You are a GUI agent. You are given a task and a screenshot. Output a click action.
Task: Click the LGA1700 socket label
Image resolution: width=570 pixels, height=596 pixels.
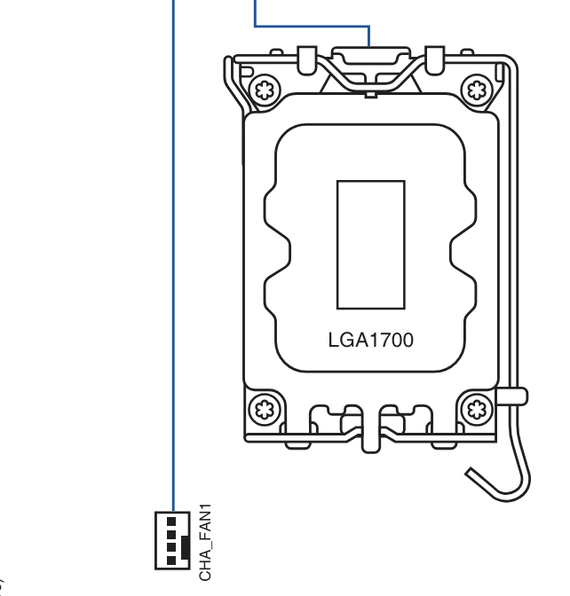(370, 341)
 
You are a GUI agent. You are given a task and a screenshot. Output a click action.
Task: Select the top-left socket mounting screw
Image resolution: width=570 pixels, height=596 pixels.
(265, 90)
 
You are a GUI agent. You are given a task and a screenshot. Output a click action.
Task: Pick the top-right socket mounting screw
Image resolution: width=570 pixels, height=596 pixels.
(477, 90)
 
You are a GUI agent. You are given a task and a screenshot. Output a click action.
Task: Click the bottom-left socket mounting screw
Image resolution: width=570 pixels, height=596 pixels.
(265, 410)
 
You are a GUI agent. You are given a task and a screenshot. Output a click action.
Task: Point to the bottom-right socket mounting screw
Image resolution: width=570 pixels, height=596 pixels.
(477, 410)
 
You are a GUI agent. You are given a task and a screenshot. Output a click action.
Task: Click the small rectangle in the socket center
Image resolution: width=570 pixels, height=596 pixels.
(371, 245)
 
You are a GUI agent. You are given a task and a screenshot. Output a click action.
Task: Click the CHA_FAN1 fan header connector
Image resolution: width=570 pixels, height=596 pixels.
(172, 540)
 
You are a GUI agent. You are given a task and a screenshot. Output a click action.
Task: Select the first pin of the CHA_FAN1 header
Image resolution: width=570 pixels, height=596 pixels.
(171, 521)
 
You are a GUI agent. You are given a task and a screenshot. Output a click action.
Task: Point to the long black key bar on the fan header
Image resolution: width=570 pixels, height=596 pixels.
(186, 547)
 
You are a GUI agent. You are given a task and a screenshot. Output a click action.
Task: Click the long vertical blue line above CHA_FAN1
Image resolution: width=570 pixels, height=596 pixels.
(174, 255)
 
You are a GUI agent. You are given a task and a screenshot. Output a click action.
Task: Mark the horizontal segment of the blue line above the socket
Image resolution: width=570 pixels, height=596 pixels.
(312, 27)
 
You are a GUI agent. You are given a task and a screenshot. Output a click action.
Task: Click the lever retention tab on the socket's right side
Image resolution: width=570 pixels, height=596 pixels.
(512, 396)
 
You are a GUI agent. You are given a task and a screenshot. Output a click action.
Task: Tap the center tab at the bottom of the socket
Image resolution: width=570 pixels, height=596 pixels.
(370, 429)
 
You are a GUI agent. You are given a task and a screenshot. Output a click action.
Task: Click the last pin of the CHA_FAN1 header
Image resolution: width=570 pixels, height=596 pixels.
(171, 561)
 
